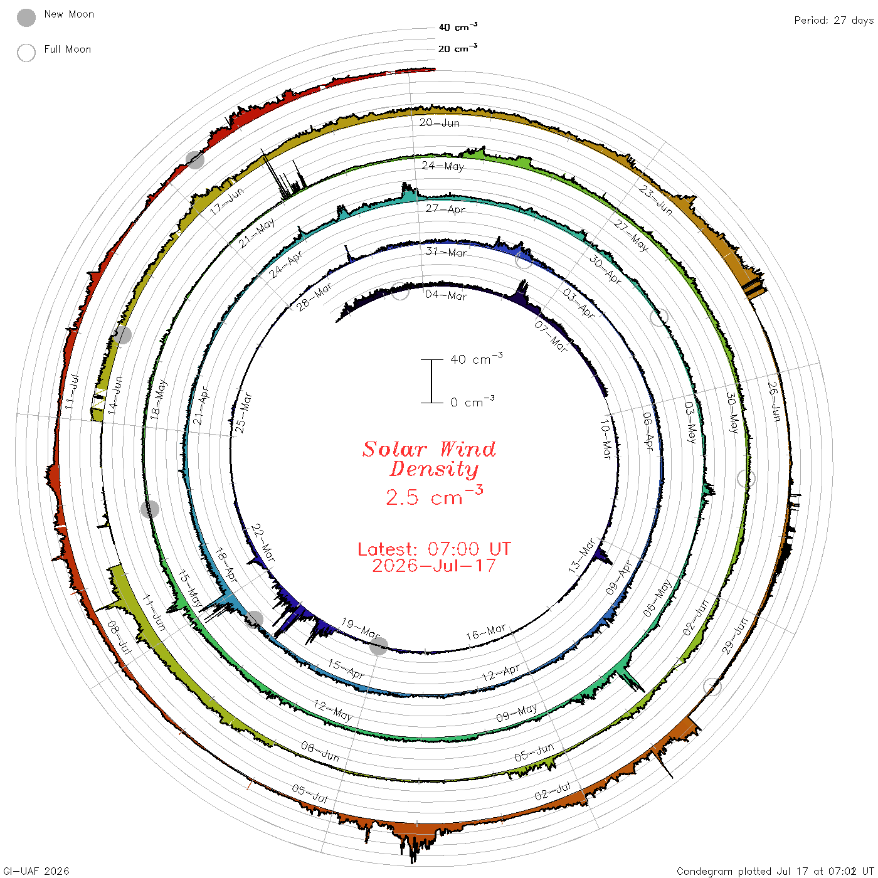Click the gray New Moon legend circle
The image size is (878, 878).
coord(26,18)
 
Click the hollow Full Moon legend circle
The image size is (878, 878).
coord(26,53)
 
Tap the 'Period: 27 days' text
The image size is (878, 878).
coord(834,21)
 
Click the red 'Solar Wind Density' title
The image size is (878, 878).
coord(429,459)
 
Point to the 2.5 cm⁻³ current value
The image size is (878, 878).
coord(434,496)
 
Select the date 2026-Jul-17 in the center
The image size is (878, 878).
coord(434,566)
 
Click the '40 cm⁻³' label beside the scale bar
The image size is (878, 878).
coord(477,358)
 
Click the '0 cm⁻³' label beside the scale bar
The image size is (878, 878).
coord(472,401)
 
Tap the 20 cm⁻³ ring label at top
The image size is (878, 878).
coord(458,48)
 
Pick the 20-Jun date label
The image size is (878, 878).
coord(439,122)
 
